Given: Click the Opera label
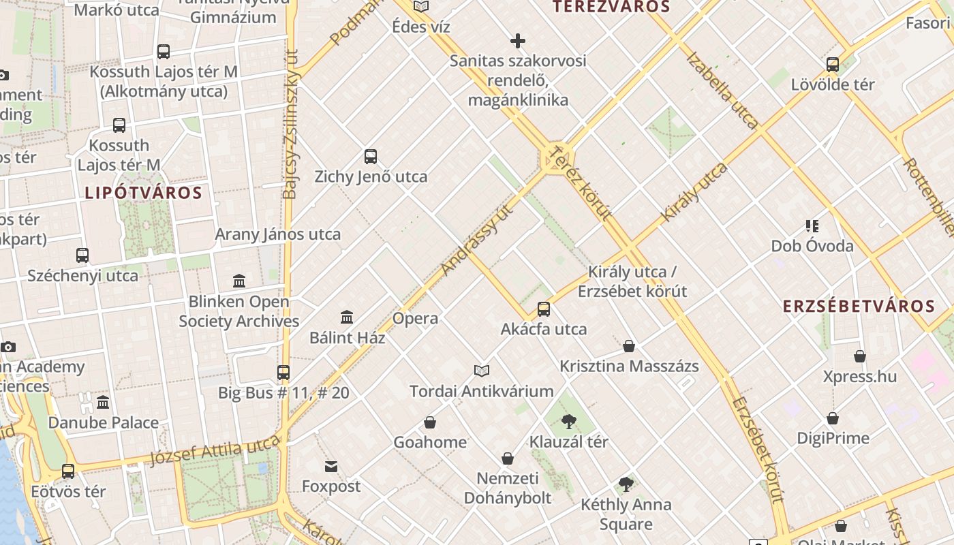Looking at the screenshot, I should (415, 318).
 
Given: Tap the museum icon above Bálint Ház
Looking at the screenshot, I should (347, 317).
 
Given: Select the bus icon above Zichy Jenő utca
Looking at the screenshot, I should (371, 157).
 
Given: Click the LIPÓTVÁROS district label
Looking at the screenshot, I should (144, 193).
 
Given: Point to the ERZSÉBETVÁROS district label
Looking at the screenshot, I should (859, 306).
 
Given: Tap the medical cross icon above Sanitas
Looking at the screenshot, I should (518, 41).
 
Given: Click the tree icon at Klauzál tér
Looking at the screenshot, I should (569, 422).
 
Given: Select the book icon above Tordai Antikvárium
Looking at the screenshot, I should (482, 371).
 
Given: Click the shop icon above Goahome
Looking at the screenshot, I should (430, 422).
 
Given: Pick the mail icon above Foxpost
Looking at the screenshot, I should (331, 467).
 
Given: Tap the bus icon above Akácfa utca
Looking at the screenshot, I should (544, 309).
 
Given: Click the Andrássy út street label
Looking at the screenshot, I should (476, 239).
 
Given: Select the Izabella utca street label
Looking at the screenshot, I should (722, 90).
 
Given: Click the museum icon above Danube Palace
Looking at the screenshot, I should (103, 402).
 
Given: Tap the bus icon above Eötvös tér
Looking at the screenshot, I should (68, 471).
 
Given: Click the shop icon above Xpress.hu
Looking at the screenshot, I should (860, 356).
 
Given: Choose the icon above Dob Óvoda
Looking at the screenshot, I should (812, 225).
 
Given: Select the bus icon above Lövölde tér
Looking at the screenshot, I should (833, 65).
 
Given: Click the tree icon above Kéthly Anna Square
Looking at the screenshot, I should (626, 484).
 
